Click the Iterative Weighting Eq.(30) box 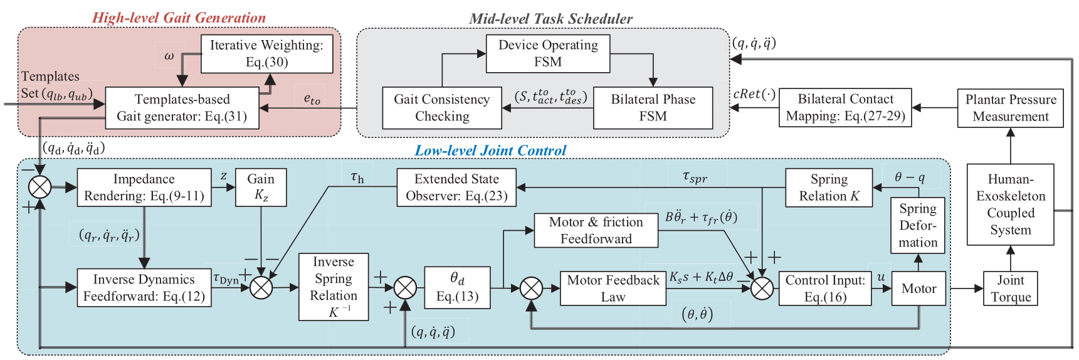point(266,53)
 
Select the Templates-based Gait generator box point(182,108)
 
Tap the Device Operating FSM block point(548,53)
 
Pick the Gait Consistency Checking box point(442,108)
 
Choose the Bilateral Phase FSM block point(653,108)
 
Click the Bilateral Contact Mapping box point(845,108)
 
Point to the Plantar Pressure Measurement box point(1010,108)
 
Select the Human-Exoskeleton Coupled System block point(1010,204)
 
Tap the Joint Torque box point(1010,289)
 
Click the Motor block point(918,289)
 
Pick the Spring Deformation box point(918,226)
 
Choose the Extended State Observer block point(456,188)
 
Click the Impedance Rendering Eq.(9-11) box point(144,188)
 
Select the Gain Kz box point(261,188)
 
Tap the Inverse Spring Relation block point(334,287)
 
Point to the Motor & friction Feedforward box point(596,230)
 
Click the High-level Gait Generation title point(179,18)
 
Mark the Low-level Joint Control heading point(490,151)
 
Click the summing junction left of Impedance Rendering point(40,187)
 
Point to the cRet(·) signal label point(754,94)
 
